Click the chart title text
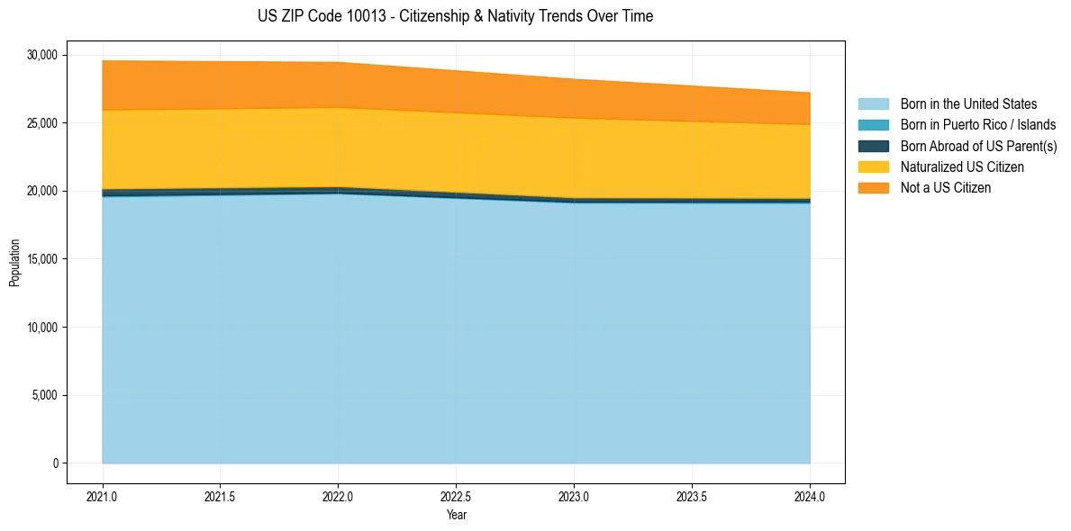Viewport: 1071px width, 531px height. (455, 16)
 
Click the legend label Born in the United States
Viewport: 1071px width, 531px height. (968, 104)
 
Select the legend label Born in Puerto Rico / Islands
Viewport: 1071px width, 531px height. (978, 125)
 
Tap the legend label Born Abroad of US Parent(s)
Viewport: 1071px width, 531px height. (978, 146)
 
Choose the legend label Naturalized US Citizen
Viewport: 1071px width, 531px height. (962, 167)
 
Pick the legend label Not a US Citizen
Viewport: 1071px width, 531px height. (946, 188)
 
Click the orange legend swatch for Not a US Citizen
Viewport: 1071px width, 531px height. (873, 188)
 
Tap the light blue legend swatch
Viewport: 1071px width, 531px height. (873, 104)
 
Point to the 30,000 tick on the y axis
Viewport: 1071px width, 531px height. (42, 55)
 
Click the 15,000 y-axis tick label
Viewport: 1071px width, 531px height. (42, 259)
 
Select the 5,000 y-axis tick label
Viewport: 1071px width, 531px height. (45, 395)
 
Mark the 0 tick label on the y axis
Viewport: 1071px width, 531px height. (55, 463)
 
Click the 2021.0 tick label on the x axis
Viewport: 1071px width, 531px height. (102, 496)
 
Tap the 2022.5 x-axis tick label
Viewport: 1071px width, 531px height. (456, 496)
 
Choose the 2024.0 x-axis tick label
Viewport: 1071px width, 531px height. (810, 496)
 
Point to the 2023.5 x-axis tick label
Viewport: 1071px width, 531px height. (692, 496)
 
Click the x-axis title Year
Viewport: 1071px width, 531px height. (456, 515)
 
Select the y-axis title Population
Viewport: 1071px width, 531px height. (14, 263)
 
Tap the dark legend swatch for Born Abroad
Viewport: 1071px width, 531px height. (873, 146)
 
